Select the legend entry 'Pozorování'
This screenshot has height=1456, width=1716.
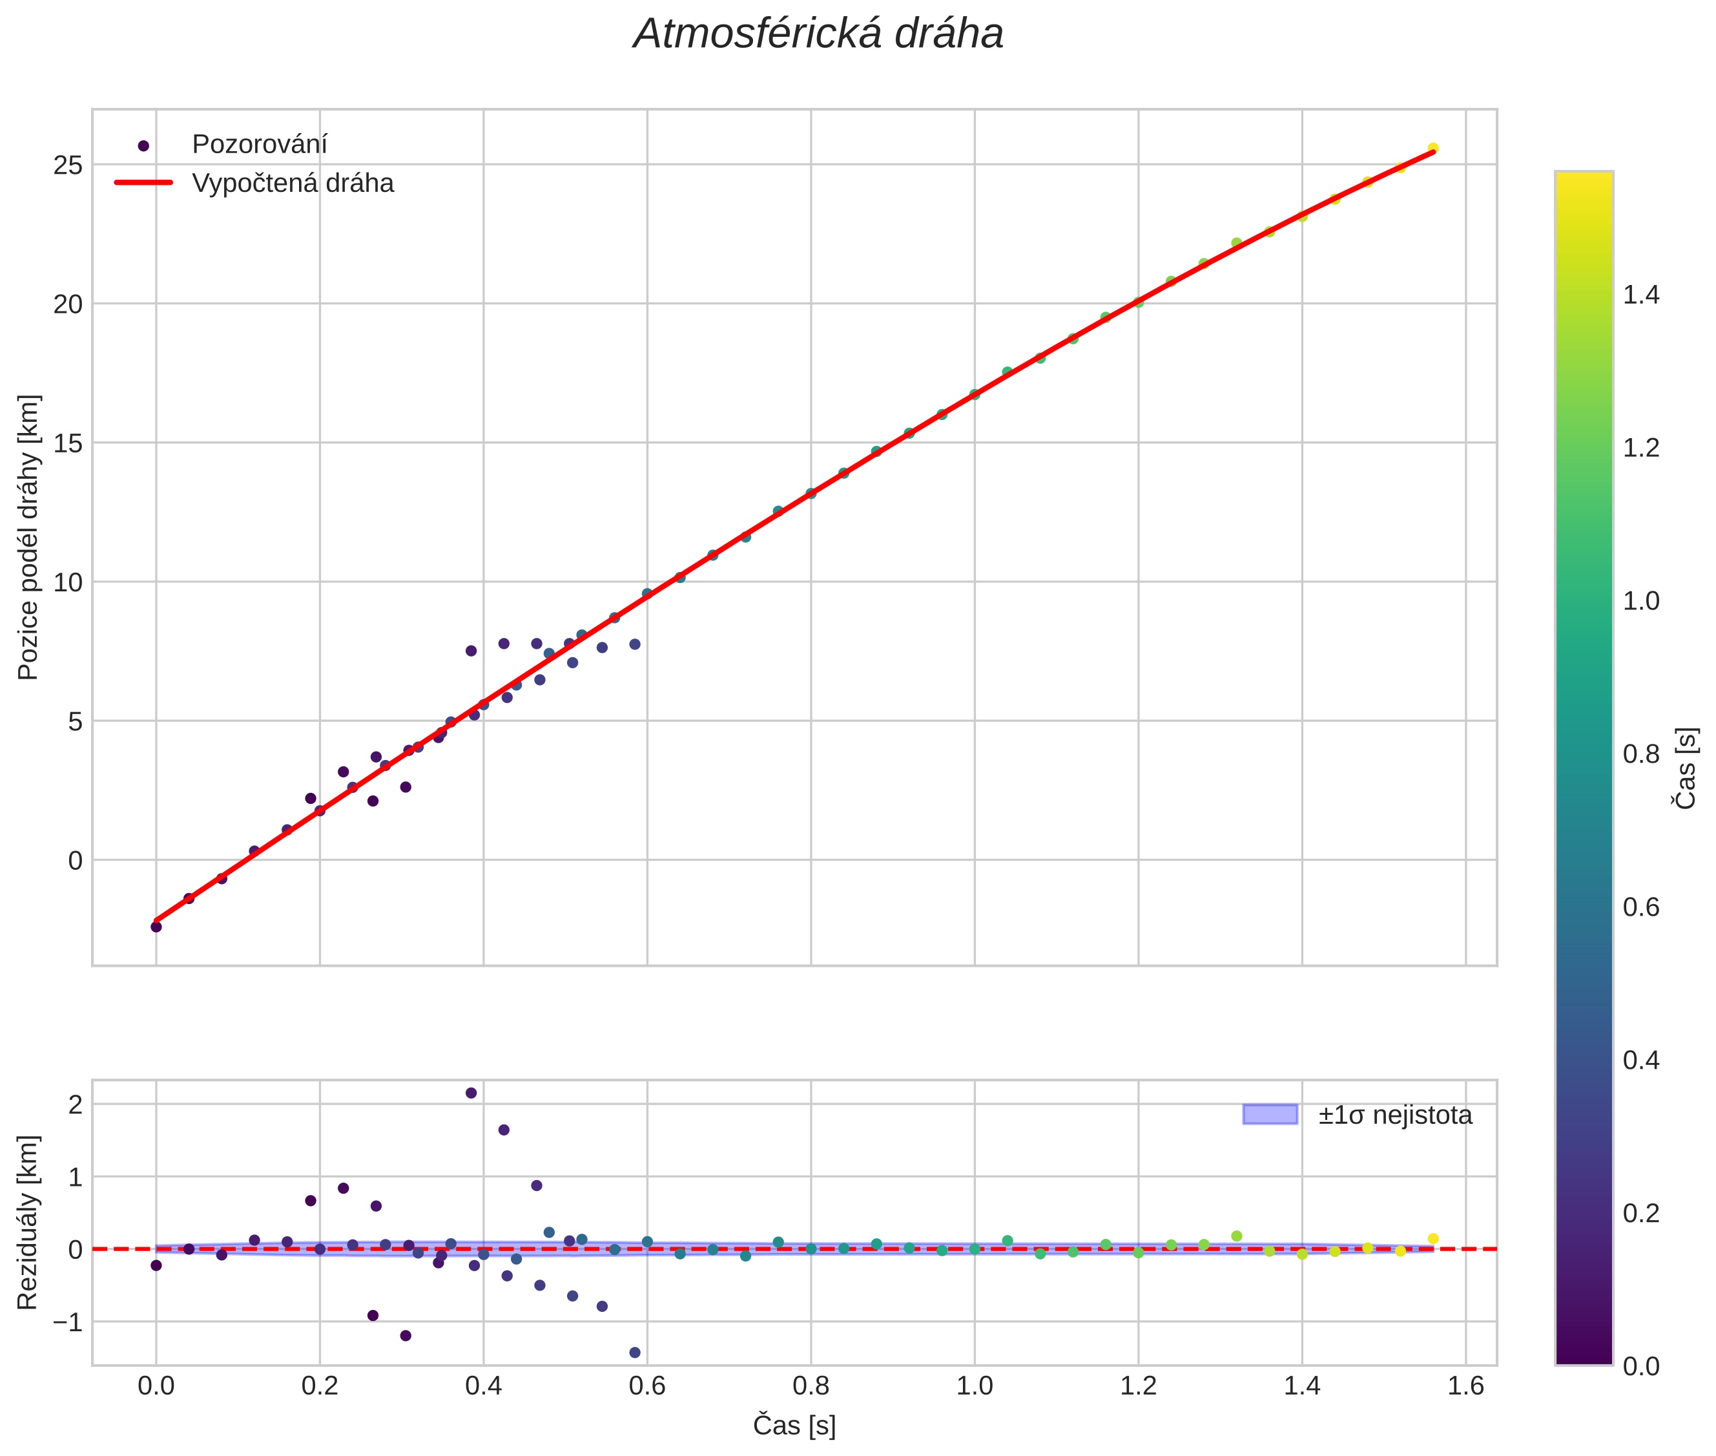pos(259,145)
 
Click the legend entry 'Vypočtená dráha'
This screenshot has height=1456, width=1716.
pos(292,184)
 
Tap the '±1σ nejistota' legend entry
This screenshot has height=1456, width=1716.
pos(1394,1115)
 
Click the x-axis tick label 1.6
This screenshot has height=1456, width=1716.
pos(1465,1386)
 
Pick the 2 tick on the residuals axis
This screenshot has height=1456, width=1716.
pos(75,1104)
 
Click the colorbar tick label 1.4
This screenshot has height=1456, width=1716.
pos(1641,295)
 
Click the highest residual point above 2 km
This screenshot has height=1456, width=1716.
pos(471,1093)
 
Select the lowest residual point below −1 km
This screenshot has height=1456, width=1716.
pos(634,1353)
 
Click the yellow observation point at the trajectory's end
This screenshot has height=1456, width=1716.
pos(1433,149)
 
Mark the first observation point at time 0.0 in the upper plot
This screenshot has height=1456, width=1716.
pos(156,927)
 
